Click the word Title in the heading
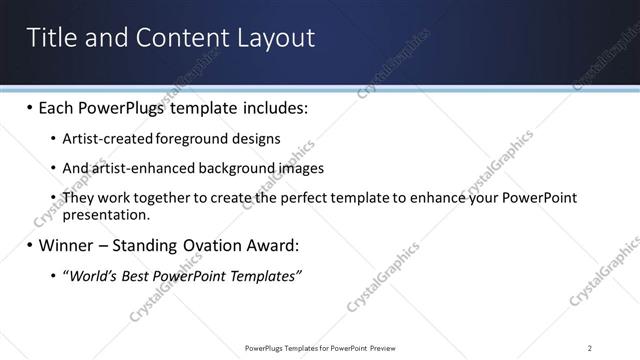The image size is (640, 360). click(49, 38)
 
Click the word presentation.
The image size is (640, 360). click(106, 214)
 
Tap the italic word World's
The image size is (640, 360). click(92, 275)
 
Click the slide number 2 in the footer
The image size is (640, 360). click(590, 348)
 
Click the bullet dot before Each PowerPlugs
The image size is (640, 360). click(30, 107)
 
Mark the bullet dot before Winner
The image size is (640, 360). click(30, 245)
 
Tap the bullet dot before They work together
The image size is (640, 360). click(53, 198)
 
